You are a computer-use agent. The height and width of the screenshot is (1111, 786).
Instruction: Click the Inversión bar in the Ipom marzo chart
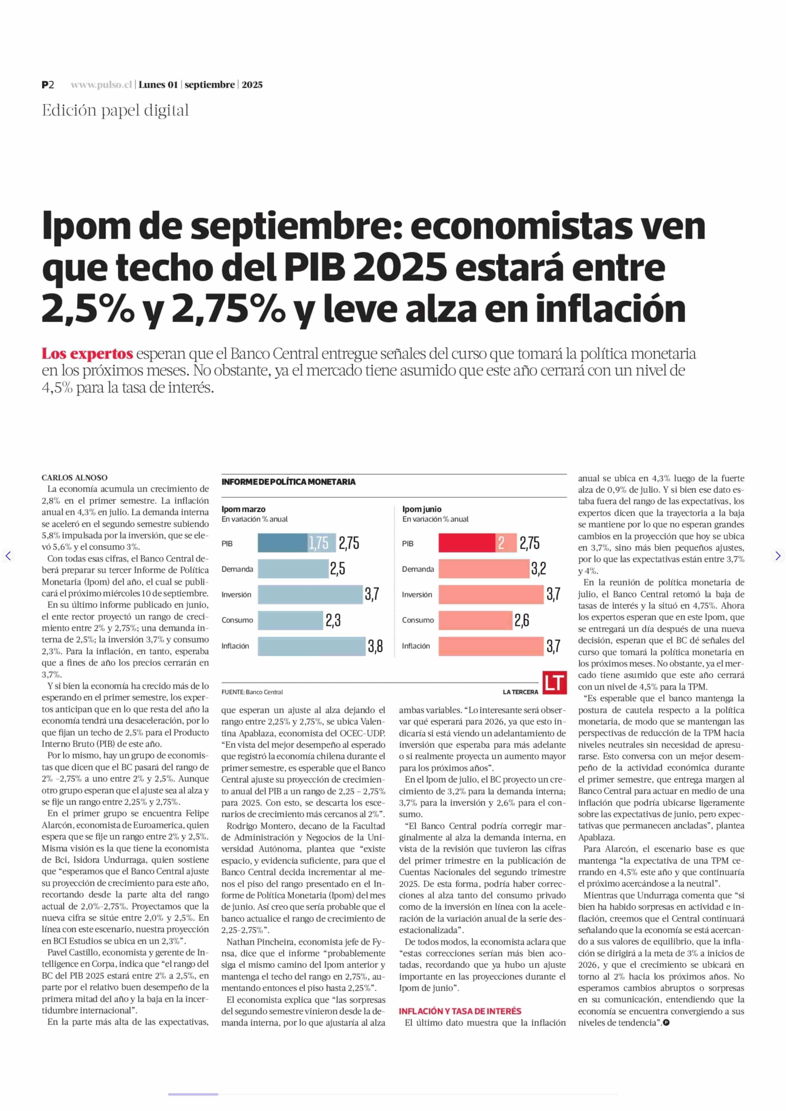tap(310, 594)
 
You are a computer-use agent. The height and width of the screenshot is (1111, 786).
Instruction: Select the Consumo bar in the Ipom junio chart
tap(475, 620)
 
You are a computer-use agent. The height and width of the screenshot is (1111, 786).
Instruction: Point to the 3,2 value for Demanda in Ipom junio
tap(539, 569)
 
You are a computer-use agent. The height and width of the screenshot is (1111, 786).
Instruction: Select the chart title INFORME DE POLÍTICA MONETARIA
tap(288, 482)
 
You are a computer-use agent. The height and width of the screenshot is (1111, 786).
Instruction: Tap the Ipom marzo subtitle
tap(244, 509)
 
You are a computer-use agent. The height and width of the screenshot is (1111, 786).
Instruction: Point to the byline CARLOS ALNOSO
tap(75, 478)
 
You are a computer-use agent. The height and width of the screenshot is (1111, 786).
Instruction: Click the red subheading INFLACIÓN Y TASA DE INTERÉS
tap(460, 1011)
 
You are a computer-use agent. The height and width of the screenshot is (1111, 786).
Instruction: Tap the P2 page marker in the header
tap(48, 85)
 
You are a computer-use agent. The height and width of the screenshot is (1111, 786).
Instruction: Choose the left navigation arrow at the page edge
tap(8, 556)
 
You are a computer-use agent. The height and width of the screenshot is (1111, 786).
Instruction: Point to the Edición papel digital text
tap(115, 111)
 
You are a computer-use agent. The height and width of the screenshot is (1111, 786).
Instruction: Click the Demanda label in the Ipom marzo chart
tap(237, 569)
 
